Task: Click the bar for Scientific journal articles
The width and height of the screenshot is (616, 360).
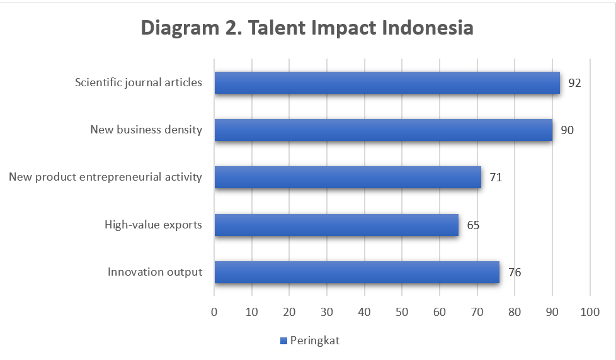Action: (387, 82)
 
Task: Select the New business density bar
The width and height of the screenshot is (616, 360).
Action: (384, 130)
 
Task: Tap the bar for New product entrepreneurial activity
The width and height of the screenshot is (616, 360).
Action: (348, 177)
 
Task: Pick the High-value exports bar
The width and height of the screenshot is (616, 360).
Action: (336, 225)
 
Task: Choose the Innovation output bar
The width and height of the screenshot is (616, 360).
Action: (356, 272)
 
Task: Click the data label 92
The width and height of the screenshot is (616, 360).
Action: (574, 83)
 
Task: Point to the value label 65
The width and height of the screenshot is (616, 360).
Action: (473, 225)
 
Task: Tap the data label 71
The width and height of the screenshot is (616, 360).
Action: (496, 177)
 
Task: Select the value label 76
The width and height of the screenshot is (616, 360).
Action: (515, 273)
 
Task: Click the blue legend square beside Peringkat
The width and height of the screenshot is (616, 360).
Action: (283, 340)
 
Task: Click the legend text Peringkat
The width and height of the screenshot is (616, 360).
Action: (315, 340)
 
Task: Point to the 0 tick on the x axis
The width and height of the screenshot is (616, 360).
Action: (214, 312)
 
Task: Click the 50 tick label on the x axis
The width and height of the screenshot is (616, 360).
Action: (402, 312)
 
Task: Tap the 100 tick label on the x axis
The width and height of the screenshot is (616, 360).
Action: (590, 312)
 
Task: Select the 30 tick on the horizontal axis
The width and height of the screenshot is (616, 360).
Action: (327, 312)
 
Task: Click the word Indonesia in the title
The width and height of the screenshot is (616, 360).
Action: (428, 28)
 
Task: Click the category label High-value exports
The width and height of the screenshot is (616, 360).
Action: (153, 225)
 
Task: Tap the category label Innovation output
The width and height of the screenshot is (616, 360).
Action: (155, 272)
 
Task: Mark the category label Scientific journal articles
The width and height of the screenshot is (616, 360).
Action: (139, 82)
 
